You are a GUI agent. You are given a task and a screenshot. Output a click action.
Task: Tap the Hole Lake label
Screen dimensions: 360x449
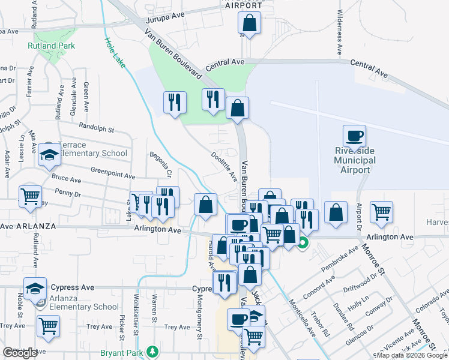[116, 52]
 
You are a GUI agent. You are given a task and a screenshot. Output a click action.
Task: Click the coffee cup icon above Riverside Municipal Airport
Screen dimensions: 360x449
[354, 136]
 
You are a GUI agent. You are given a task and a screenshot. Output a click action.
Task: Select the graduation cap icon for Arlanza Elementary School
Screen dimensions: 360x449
[35, 289]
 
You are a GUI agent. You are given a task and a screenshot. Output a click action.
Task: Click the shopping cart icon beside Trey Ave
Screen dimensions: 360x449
[48, 326]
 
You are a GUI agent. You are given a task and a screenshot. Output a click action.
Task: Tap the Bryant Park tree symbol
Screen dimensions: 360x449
[152, 351]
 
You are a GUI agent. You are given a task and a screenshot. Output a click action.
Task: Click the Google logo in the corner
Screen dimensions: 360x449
[20, 353]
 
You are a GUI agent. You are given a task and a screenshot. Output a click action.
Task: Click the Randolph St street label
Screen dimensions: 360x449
[96, 128]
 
